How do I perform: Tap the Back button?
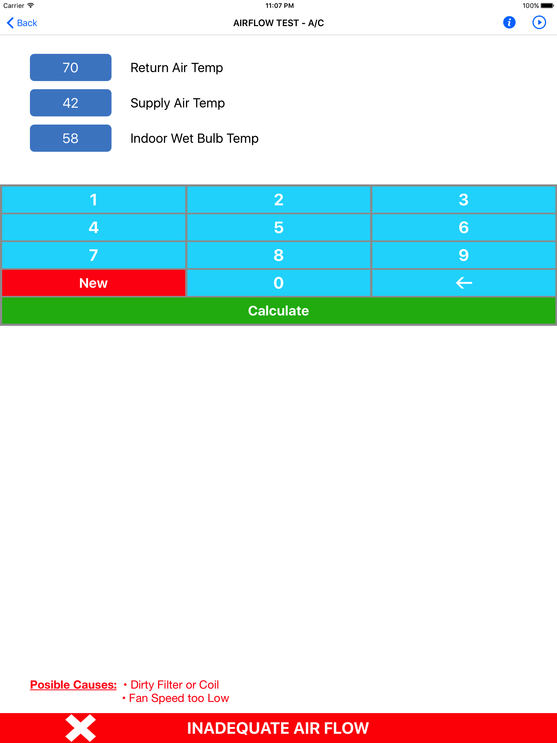[22, 23]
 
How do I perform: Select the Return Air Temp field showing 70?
[70, 67]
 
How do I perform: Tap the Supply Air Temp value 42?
[70, 103]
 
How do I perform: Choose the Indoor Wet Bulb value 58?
[70, 138]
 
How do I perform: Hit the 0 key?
[278, 283]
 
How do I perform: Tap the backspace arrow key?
[464, 283]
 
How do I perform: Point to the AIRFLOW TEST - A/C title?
[278, 23]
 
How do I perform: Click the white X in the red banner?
[81, 728]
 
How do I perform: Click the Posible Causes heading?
[73, 685]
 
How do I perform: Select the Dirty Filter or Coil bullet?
[171, 685]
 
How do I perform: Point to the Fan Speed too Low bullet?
[176, 698]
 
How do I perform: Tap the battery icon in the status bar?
[547, 5]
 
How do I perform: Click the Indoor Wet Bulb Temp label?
[194, 138]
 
